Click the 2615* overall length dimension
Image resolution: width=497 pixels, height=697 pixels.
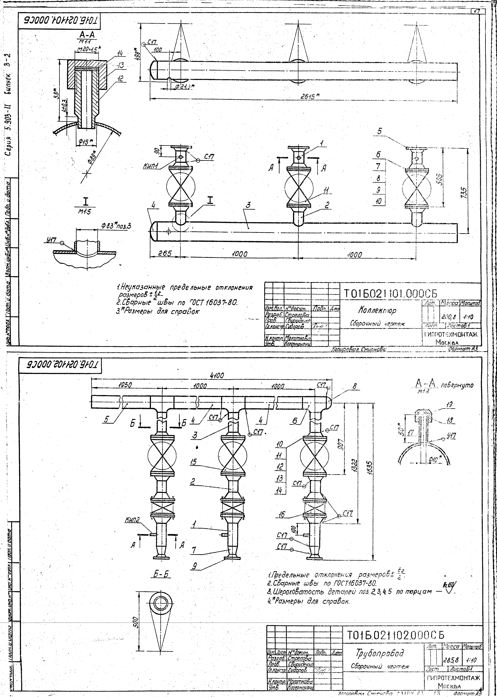point(309,95)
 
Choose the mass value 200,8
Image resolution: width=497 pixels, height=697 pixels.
point(447,317)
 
